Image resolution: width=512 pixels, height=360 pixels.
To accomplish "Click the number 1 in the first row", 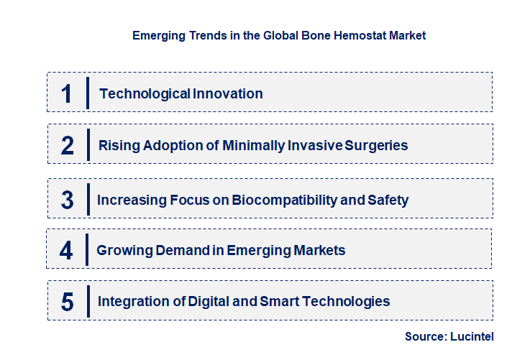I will (67, 93).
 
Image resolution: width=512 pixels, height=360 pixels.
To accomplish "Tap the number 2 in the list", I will (68, 145).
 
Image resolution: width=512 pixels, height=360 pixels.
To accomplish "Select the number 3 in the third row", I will (68, 200).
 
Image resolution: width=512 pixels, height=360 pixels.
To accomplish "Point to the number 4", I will (67, 251).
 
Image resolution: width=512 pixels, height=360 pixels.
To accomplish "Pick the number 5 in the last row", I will (68, 302).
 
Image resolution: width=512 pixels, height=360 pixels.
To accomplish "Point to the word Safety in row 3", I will (388, 200).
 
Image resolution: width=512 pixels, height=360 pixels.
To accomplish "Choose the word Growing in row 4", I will (123, 251).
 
